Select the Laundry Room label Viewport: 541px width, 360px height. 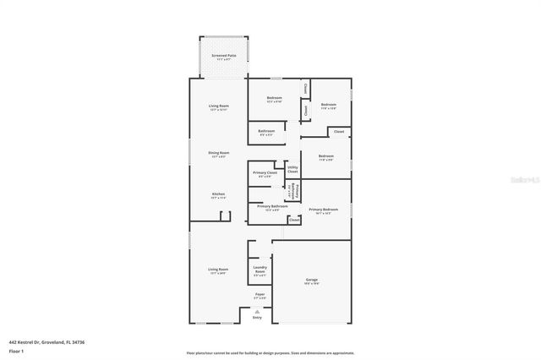pyautogui.click(x=260, y=271)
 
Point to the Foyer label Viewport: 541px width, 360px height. pyautogui.click(x=260, y=296)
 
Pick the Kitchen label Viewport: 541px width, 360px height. pyautogui.click(x=218, y=195)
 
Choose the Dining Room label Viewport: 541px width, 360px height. pyautogui.click(x=218, y=154)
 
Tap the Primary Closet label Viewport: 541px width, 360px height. pyautogui.click(x=265, y=174)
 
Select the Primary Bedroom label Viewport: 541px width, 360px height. pyautogui.click(x=324, y=210)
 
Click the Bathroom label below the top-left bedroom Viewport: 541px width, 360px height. pyautogui.click(x=266, y=132)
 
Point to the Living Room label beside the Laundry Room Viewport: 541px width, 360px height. pyautogui.click(x=218, y=270)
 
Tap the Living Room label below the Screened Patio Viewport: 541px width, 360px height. pyautogui.click(x=218, y=107)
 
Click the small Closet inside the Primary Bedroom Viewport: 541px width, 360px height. pyautogui.click(x=293, y=220)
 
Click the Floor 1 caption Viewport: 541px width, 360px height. pyautogui.click(x=16, y=350)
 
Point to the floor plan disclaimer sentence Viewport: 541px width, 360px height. pyautogui.click(x=270, y=352)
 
